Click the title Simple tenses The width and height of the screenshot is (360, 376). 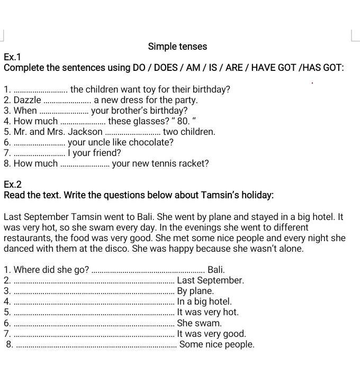(177, 47)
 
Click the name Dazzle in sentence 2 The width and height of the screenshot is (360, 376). (28, 100)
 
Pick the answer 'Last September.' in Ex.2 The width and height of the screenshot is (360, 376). (210, 280)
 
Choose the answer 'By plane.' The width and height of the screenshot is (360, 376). (195, 291)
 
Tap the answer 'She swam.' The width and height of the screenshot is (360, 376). (200, 323)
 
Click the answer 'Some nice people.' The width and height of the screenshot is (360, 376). (217, 344)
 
